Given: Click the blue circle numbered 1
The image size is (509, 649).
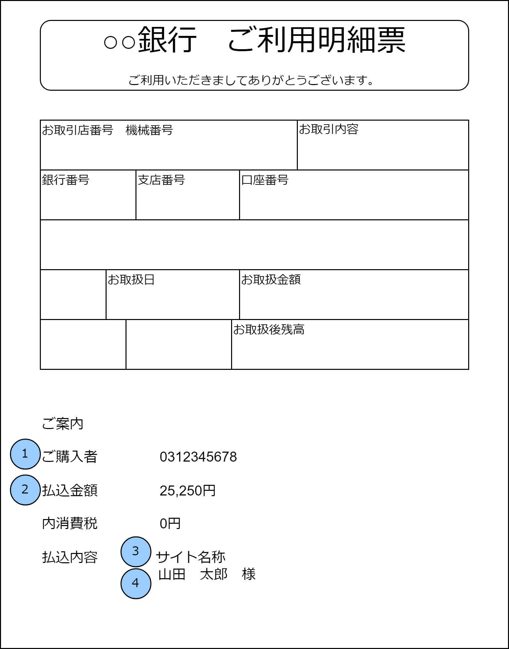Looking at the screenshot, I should pyautogui.click(x=25, y=454).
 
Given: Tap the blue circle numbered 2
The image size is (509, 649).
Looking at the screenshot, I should pyautogui.click(x=25, y=490).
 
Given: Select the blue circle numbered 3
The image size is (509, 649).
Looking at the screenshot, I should pyautogui.click(x=136, y=552).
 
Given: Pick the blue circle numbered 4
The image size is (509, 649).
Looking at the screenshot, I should pyautogui.click(x=136, y=584).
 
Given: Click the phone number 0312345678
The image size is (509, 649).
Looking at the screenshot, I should pyautogui.click(x=198, y=457).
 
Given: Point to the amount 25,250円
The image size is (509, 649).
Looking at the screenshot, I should pyautogui.click(x=188, y=491).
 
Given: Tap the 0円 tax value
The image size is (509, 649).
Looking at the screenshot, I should pyautogui.click(x=170, y=524).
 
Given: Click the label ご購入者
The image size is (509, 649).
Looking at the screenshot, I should pyautogui.click(x=69, y=457).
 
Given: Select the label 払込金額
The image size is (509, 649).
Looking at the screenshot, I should pyautogui.click(x=69, y=490).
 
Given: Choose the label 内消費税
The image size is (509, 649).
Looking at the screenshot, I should pyautogui.click(x=69, y=523).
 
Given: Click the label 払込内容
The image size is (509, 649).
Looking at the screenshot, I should pyautogui.click(x=69, y=557).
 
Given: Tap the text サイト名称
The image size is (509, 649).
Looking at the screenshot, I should pyautogui.click(x=191, y=557).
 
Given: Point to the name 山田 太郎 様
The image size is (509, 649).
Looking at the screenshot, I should pyautogui.click(x=207, y=575).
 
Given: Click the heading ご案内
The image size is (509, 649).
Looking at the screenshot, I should pyautogui.click(x=62, y=424).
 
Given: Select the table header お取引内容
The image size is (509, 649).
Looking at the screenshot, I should pyautogui.click(x=329, y=129).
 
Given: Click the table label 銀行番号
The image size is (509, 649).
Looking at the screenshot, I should pyautogui.click(x=66, y=180).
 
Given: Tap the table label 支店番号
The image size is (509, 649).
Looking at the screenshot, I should pyautogui.click(x=161, y=180).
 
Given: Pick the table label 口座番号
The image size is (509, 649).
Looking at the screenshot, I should pyautogui.click(x=265, y=180).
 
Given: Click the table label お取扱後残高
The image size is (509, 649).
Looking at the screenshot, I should pyautogui.click(x=269, y=330).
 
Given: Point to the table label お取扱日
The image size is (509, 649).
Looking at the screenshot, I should pyautogui.click(x=131, y=280).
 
